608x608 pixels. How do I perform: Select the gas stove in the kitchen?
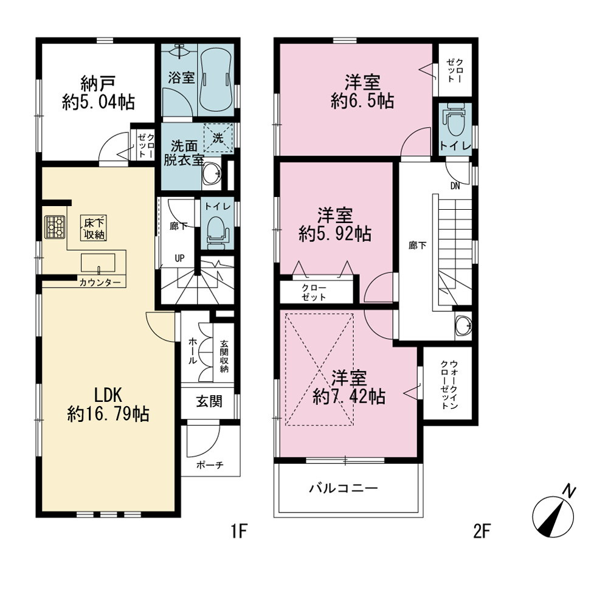click(x=55, y=227)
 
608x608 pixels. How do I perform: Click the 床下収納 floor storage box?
click(x=94, y=229)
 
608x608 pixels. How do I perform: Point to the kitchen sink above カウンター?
click(x=98, y=263)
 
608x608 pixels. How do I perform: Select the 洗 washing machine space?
click(x=218, y=137)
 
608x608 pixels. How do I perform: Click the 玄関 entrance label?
click(x=209, y=401)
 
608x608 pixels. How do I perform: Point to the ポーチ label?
click(x=210, y=465)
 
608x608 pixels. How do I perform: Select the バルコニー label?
click(x=344, y=488)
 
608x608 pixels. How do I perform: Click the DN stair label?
click(x=455, y=186)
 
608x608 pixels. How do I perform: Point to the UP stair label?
click(x=179, y=258)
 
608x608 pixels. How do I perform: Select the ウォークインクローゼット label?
click(x=449, y=385)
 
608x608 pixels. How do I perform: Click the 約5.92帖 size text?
click(x=335, y=234)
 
